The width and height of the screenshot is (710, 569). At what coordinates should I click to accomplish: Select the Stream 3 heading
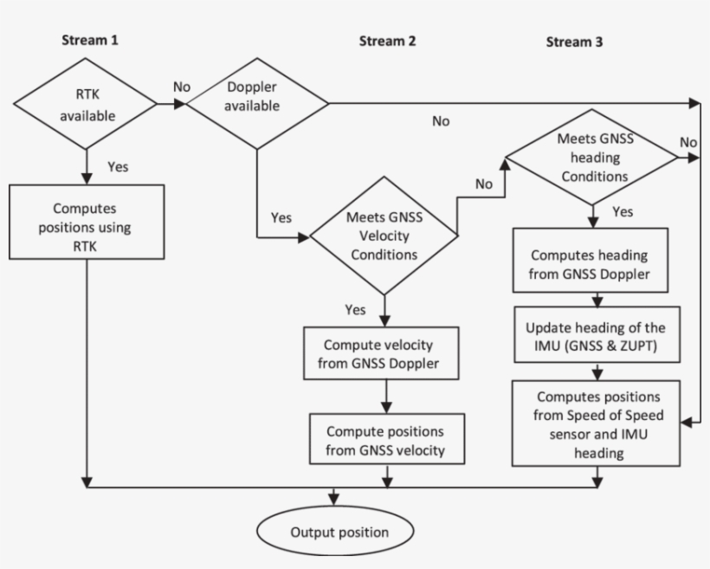(575, 42)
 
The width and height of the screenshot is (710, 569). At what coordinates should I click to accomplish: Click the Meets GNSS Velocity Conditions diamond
(384, 236)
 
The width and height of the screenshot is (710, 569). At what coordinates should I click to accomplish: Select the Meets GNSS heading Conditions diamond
(593, 157)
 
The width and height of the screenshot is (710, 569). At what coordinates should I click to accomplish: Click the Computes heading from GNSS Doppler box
(589, 264)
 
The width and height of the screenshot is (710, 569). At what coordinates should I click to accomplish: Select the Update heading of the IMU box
(596, 337)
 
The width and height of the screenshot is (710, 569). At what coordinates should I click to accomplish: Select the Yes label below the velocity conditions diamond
(354, 309)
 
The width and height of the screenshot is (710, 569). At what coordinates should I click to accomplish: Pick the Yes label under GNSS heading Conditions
(622, 212)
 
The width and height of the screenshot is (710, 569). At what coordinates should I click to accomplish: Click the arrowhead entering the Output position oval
(334, 501)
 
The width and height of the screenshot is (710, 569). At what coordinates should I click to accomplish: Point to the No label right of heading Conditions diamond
(688, 141)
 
